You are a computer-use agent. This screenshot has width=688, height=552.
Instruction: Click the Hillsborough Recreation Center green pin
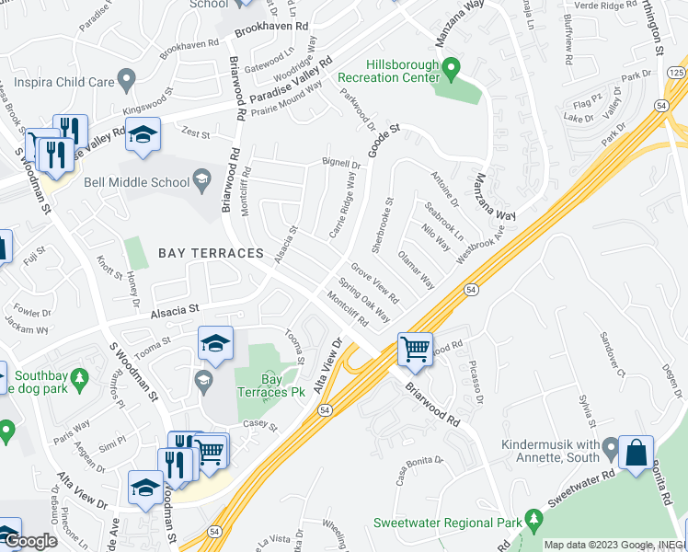coord(451,69)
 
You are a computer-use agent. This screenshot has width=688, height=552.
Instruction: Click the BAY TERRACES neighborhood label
coord(211,252)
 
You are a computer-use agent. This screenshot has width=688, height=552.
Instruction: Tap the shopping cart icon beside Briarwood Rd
coord(415,350)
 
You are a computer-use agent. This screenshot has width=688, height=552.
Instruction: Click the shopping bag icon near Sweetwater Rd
coord(636,452)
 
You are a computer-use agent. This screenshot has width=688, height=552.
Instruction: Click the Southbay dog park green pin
coord(80,377)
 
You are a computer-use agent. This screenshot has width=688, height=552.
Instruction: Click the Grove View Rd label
coord(374,286)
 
